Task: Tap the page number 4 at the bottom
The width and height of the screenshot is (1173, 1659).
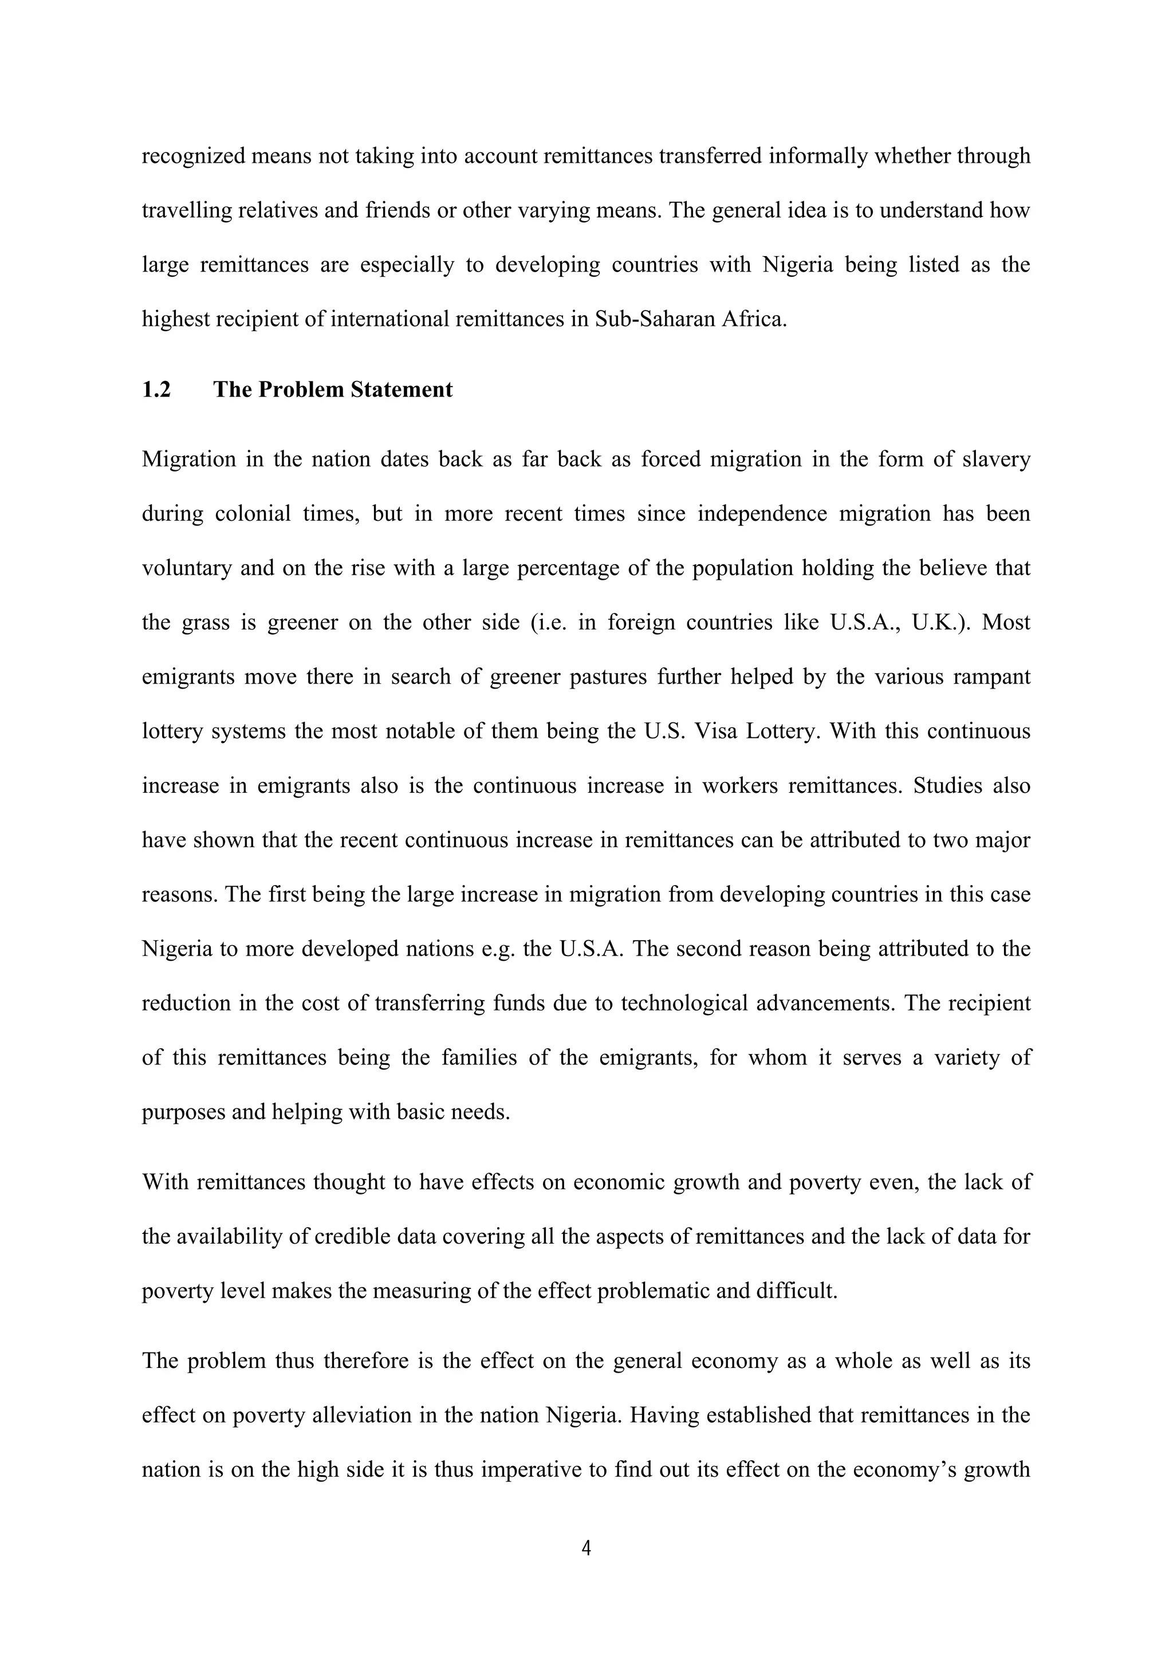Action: (586, 1548)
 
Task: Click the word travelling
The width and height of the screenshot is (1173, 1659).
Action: (186, 211)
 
